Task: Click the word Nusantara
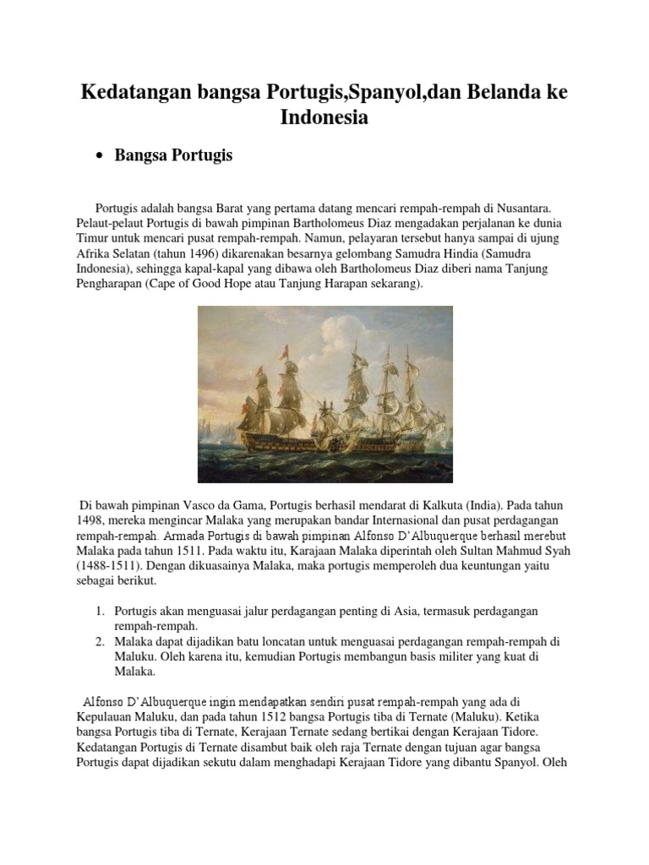click(520, 207)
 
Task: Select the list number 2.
click(99, 642)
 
